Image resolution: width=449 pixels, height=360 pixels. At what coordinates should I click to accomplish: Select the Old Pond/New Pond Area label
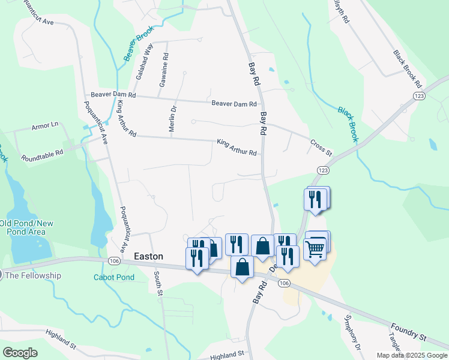click(x=26, y=227)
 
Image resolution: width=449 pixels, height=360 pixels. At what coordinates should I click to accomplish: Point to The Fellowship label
click(x=33, y=275)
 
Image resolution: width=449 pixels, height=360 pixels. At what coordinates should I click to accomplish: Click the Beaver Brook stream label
click(x=138, y=43)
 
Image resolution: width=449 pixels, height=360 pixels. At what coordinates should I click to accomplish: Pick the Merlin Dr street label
click(x=172, y=118)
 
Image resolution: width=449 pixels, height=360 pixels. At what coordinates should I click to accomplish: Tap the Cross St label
click(x=321, y=148)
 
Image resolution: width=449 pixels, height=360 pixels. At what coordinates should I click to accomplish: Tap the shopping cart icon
click(x=315, y=248)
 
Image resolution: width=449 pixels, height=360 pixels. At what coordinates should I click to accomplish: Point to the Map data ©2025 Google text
click(x=412, y=355)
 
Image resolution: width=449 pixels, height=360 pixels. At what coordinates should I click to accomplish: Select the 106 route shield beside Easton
click(x=113, y=260)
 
